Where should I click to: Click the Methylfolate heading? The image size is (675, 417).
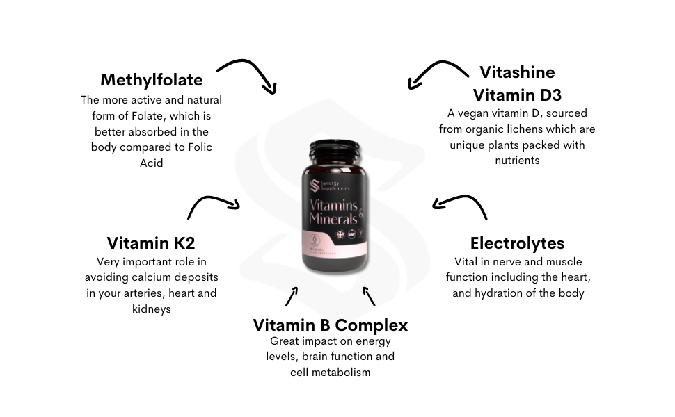coord(152,79)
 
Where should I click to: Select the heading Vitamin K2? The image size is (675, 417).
coord(151,243)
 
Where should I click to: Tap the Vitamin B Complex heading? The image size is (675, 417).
coord(331,325)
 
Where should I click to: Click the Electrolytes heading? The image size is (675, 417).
coord(517,243)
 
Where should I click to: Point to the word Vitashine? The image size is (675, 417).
coord(517,72)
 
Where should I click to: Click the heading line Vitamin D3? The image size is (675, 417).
coord(517,95)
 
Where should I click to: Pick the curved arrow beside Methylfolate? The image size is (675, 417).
coord(248,74)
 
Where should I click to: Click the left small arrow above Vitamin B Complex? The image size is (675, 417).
coord(292,295)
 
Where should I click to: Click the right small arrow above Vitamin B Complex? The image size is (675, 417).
coord(369,296)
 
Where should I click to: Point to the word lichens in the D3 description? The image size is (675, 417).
coord(541,129)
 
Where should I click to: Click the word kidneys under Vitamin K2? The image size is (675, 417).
coord(151,309)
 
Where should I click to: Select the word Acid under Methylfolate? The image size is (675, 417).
coord(151,163)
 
